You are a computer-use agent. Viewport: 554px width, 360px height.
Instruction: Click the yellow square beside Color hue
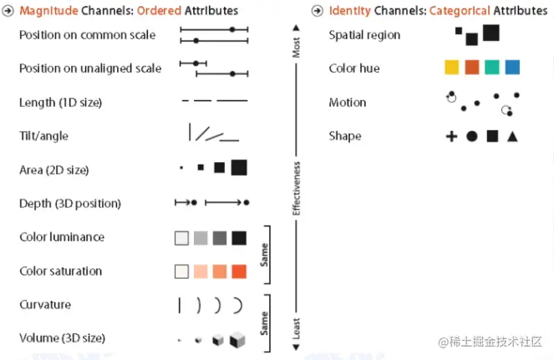tap(451, 68)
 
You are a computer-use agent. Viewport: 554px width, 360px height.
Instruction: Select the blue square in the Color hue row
tap(512, 68)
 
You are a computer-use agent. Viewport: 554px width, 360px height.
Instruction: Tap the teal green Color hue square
tap(492, 68)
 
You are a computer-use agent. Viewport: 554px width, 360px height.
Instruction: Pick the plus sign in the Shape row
tap(451, 135)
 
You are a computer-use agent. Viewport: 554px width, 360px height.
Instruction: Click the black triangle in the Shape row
tap(512, 135)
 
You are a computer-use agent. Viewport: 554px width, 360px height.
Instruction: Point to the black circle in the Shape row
tap(472, 135)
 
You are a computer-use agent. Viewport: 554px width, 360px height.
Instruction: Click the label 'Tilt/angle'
tap(43, 135)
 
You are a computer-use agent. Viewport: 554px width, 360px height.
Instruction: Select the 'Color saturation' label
tap(60, 271)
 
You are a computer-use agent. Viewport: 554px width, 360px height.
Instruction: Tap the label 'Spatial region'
tap(364, 35)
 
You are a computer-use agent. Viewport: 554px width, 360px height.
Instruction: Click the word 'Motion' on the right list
tap(348, 102)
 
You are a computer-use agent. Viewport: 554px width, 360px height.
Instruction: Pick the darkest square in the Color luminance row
tap(239, 238)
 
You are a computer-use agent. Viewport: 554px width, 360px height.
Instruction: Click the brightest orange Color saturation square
tap(239, 271)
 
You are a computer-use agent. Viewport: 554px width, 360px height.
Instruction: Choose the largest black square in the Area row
tap(239, 168)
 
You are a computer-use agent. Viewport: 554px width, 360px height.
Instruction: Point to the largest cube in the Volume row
tap(238, 338)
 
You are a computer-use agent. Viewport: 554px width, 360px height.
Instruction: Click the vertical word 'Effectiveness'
tap(296, 189)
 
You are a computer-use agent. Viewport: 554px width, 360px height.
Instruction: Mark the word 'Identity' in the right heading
tap(349, 11)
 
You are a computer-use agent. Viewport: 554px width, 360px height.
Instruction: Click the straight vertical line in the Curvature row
tap(179, 305)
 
